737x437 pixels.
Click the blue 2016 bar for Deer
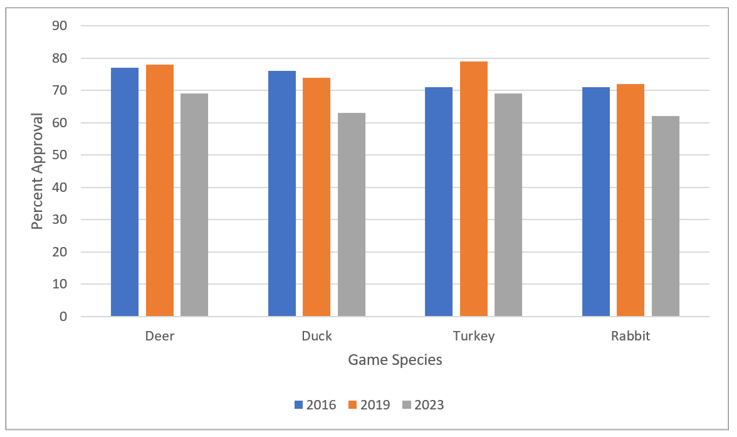125,192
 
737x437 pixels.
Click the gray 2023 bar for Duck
352,214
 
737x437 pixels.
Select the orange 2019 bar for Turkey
474,189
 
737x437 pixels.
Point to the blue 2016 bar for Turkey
439,201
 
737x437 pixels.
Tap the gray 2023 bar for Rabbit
666,216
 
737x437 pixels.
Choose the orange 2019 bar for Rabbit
630,200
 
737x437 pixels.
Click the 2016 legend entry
315,405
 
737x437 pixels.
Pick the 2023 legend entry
423,405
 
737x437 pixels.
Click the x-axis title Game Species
395,360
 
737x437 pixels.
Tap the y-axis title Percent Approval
38,171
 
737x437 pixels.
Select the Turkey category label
474,336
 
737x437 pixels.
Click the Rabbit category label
630,336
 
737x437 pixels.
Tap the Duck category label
316,336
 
